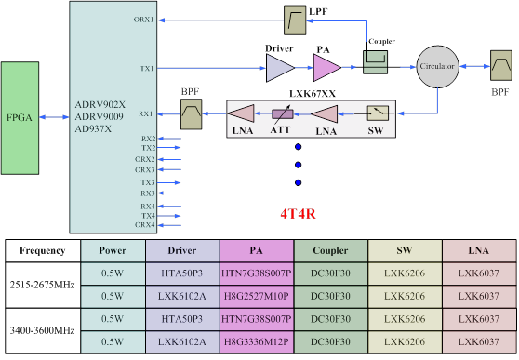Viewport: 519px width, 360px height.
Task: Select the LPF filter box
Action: pos(296,17)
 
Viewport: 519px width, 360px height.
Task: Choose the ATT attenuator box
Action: pos(283,113)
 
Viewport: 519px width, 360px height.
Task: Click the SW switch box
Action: pos(378,113)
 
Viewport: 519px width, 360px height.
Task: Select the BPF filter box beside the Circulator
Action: pos(500,67)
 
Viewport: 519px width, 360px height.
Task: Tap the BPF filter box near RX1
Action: pos(193,114)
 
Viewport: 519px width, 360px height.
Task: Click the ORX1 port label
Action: pos(144,19)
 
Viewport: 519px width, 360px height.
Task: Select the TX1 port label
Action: pos(147,68)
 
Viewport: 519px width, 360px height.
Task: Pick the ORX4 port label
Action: pos(144,225)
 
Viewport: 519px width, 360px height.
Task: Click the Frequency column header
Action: pos(42,250)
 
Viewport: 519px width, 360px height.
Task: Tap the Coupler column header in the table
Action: pos(330,250)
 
